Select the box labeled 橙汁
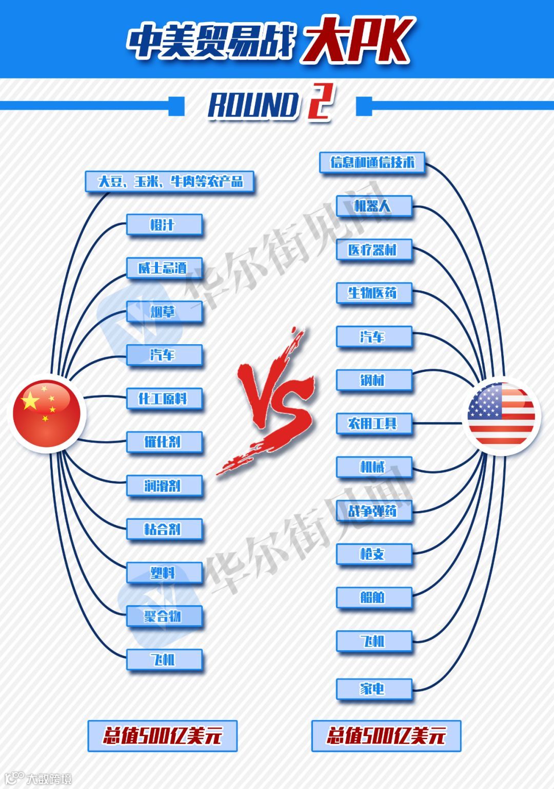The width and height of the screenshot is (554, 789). (x=164, y=225)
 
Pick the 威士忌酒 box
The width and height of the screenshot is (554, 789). (x=164, y=268)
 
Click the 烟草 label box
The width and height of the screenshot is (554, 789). (x=164, y=312)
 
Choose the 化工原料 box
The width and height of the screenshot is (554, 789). (x=164, y=399)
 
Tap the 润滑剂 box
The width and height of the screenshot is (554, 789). (x=164, y=485)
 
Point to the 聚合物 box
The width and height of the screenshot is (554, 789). (x=164, y=616)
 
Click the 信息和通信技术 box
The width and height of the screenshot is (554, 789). (x=372, y=163)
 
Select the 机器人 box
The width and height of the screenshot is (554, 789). (x=374, y=206)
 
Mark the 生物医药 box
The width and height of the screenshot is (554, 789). (x=374, y=293)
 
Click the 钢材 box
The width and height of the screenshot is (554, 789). (x=374, y=380)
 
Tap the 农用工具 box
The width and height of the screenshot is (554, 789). (x=374, y=424)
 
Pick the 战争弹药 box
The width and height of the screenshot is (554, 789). (x=374, y=511)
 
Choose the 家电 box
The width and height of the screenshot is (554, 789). (x=374, y=688)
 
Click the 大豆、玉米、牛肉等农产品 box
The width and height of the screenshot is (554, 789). (x=170, y=182)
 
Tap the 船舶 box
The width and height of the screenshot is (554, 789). (x=374, y=597)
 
